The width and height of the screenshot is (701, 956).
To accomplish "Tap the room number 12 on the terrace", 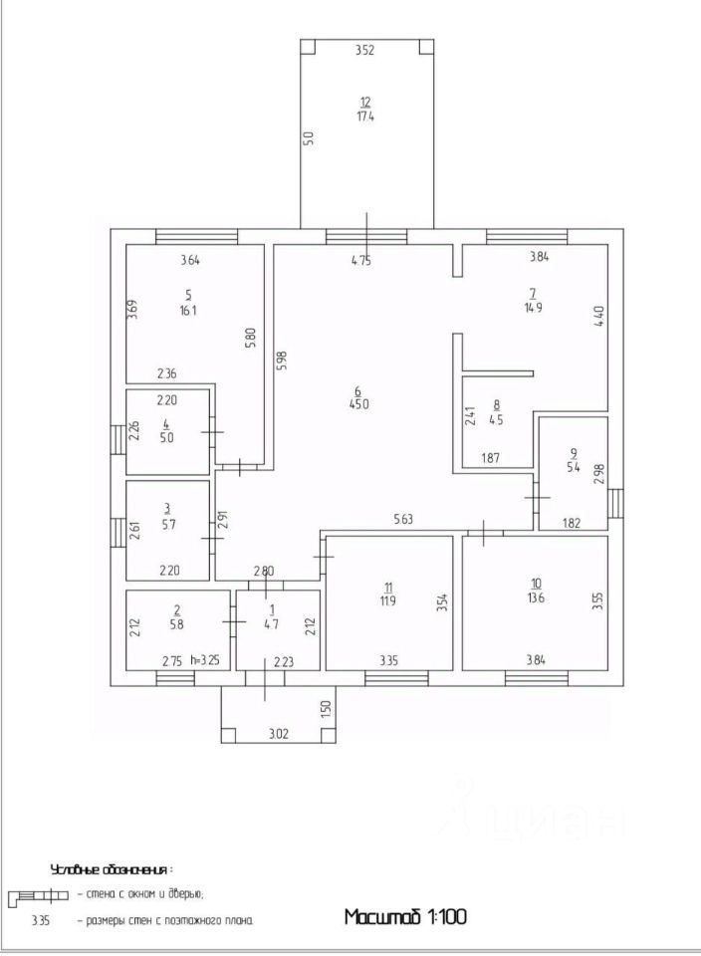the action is click(365, 102).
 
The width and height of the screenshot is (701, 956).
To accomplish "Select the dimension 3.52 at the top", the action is click(364, 51).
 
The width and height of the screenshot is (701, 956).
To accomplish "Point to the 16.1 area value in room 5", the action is click(189, 311).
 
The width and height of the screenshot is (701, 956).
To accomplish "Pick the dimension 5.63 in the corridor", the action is click(403, 519).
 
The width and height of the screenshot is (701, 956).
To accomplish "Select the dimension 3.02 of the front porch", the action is click(280, 736).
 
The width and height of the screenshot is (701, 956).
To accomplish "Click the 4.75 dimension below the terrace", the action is click(366, 261).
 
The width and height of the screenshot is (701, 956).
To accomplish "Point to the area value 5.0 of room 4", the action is click(166, 436).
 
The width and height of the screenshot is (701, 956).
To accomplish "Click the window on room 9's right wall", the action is click(615, 503).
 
